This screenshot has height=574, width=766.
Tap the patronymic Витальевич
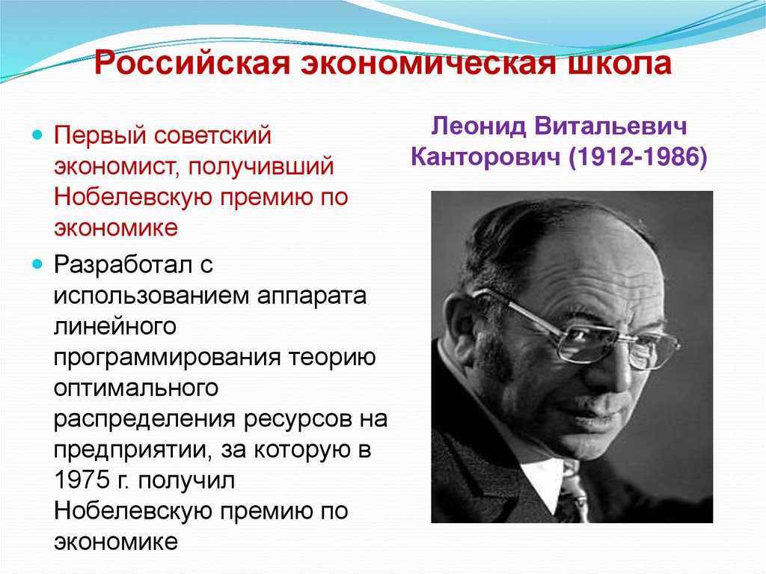tap(626, 126)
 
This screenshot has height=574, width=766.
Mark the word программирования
tap(167, 358)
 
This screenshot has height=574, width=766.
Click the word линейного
tap(114, 326)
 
